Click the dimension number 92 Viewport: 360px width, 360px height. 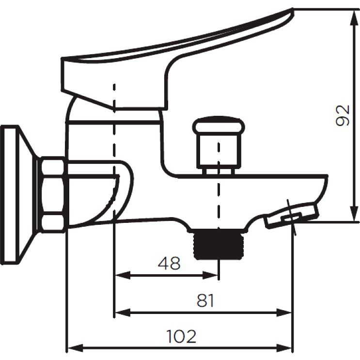(x=343, y=115)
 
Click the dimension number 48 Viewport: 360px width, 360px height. (x=169, y=264)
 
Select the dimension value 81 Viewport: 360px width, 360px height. (x=205, y=300)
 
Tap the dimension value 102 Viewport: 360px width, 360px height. (x=181, y=337)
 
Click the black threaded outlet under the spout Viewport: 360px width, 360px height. (x=219, y=245)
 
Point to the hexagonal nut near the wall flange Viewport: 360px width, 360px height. (x=53, y=195)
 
